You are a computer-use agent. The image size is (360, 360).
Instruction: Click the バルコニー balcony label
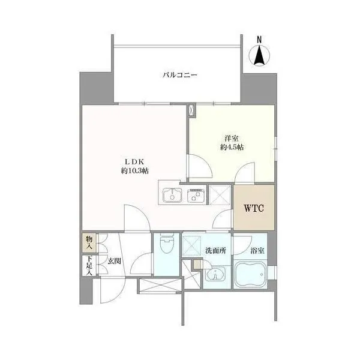pos(180,75)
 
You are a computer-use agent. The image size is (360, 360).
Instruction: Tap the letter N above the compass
pos(259,40)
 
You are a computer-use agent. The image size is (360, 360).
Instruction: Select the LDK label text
pos(134,162)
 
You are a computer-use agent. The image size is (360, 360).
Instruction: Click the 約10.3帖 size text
pos(134,171)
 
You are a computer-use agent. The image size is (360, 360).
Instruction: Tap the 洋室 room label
pos(232,139)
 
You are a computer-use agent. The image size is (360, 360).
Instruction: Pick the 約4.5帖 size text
pos(232,147)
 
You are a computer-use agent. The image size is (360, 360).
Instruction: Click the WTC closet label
pos(254,208)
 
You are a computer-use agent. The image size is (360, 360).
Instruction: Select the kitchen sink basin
pos(172,196)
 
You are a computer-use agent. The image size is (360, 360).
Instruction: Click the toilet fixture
pos(167,244)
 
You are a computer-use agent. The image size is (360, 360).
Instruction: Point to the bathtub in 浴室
pos(250,275)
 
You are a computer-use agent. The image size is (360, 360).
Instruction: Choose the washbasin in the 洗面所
pos(215,274)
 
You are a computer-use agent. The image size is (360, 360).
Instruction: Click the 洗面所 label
pos(215,251)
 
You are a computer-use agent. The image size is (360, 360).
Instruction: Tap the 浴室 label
pos(257,251)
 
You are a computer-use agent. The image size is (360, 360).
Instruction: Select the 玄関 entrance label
pos(115,261)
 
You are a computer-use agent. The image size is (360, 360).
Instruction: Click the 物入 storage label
pos(89,242)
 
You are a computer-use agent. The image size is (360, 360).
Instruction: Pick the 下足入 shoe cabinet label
pos(89,266)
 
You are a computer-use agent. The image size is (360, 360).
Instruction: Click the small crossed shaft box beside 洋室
pos(191,111)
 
